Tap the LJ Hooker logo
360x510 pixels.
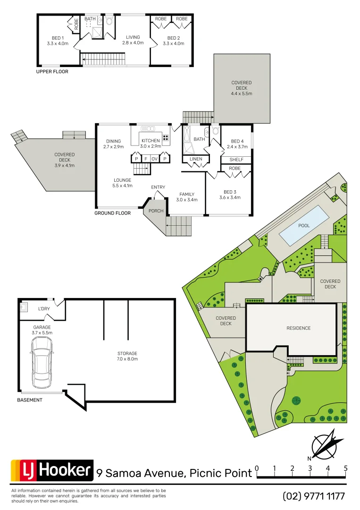tap(52, 470)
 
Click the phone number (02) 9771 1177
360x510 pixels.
tap(314, 496)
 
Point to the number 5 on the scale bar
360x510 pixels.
tap(346, 468)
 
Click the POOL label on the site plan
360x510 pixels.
tap(304, 226)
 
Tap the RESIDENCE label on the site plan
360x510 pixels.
tap(299, 328)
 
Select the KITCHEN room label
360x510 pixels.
tap(151, 141)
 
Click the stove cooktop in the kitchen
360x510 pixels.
tap(166, 138)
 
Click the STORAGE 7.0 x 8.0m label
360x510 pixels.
tap(127, 356)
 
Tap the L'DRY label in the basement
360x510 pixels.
tap(44, 309)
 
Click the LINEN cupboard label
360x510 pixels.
tap(196, 159)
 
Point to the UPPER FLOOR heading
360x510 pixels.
tap(52, 72)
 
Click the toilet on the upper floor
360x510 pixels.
tap(109, 21)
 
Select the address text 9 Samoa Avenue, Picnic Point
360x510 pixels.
tap(174, 473)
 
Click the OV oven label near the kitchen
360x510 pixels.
tap(154, 159)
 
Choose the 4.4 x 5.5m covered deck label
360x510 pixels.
tap(242, 88)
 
